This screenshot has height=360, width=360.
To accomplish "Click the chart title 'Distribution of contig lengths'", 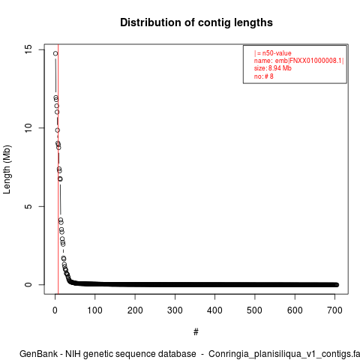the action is pyautogui.click(x=196, y=22).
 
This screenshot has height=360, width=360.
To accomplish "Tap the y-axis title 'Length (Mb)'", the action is pyautogui.click(x=7, y=169).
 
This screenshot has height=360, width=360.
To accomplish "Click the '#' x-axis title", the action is pyautogui.click(x=196, y=331).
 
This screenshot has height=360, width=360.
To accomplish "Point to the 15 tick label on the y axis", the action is pyautogui.click(x=28, y=49).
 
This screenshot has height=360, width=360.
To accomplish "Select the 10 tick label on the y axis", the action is pyautogui.click(x=28, y=127).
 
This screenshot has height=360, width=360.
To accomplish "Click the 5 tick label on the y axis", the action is pyautogui.click(x=28, y=206).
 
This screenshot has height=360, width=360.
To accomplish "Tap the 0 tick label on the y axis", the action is pyautogui.click(x=28, y=284).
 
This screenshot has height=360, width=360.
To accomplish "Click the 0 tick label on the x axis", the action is pyautogui.click(x=55, y=310).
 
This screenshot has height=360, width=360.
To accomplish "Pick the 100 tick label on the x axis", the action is pyautogui.click(x=94, y=310).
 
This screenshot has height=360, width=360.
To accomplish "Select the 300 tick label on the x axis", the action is pyautogui.click(x=175, y=310).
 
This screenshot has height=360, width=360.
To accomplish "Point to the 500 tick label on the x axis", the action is pyautogui.click(x=254, y=310).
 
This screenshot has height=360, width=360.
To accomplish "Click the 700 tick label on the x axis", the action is pyautogui.click(x=334, y=310).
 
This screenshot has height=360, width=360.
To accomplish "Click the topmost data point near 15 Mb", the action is pyautogui.click(x=55, y=53).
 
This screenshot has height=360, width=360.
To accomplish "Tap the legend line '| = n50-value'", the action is pyautogui.click(x=273, y=53).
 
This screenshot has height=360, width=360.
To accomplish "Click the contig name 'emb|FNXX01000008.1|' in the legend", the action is pyautogui.click(x=310, y=61).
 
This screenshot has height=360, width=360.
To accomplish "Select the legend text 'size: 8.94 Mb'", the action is pyautogui.click(x=273, y=68).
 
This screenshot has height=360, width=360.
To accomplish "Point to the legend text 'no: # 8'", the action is pyautogui.click(x=264, y=76).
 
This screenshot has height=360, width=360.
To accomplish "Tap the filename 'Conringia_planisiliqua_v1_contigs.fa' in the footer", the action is pyautogui.click(x=284, y=355).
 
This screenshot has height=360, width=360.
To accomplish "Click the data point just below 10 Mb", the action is pyautogui.click(x=58, y=130).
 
